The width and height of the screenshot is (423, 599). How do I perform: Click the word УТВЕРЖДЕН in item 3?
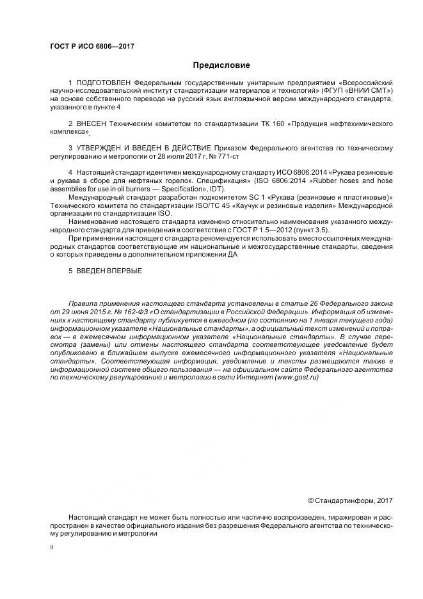(x=101, y=148)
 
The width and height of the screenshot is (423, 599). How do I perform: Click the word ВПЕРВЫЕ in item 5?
(x=122, y=271)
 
